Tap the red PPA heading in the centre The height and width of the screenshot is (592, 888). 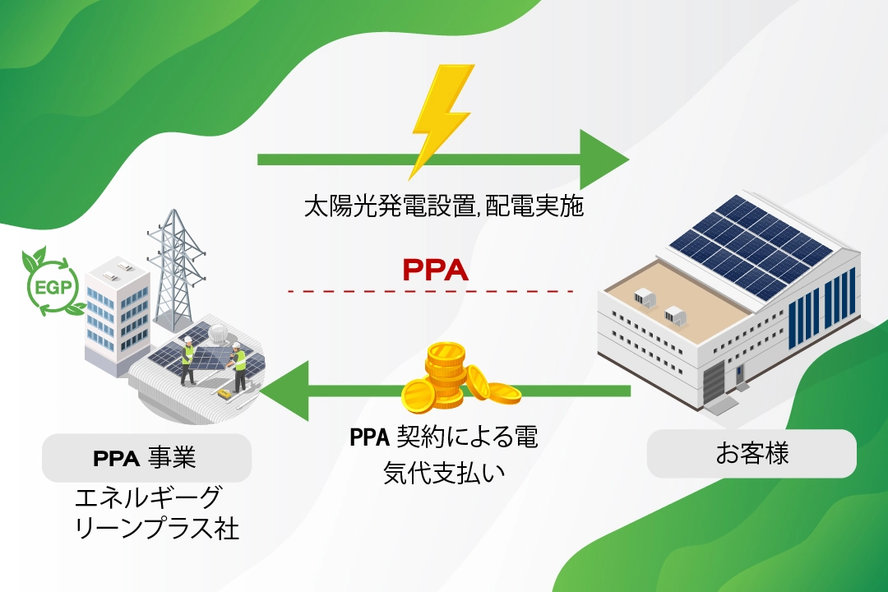click(x=436, y=270)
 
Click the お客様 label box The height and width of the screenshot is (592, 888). click(x=752, y=454)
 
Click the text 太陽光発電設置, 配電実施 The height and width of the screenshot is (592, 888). click(x=444, y=206)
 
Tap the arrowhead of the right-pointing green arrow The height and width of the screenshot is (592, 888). click(x=604, y=159)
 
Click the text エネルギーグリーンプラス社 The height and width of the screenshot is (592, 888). click(x=156, y=512)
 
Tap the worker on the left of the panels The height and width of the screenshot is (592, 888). click(x=187, y=362)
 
